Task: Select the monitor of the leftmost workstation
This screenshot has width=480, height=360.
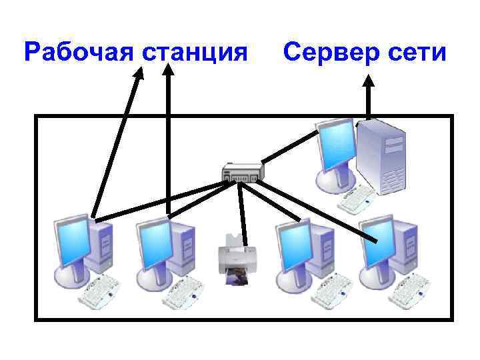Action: tap(71, 240)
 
